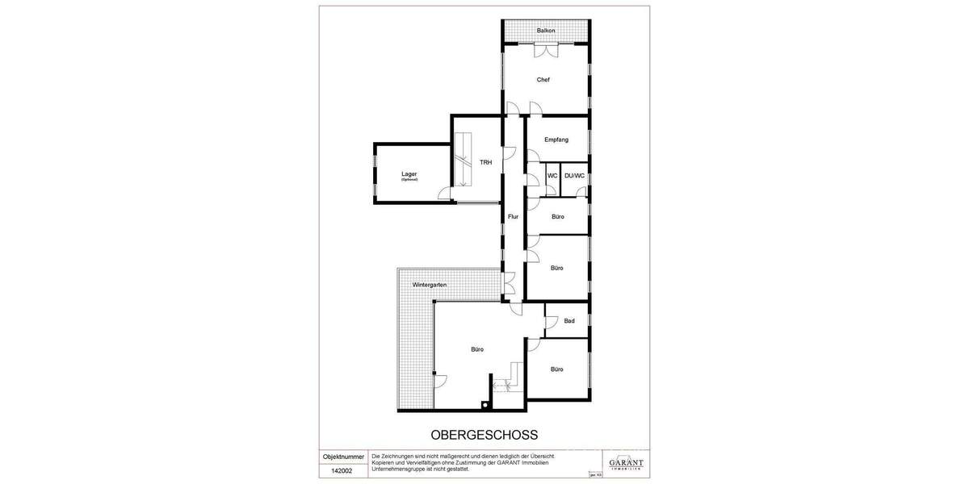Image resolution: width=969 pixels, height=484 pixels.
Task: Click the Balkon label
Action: pyautogui.click(x=546, y=31)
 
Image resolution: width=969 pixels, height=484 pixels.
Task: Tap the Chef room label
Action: pyautogui.click(x=543, y=80)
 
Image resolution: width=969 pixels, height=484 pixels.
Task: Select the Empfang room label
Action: pyautogui.click(x=556, y=140)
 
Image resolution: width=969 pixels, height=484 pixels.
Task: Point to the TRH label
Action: pyautogui.click(x=485, y=163)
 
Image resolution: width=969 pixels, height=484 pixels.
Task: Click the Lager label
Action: pyautogui.click(x=409, y=174)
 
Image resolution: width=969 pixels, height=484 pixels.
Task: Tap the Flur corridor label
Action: pyautogui.click(x=513, y=216)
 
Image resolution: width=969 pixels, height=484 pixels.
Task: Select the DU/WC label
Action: pyautogui.click(x=574, y=175)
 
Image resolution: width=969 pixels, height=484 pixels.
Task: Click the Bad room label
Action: pyautogui.click(x=569, y=321)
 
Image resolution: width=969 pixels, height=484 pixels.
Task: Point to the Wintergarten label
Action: pyautogui.click(x=430, y=286)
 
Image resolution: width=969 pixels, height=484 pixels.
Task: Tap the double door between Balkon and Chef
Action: pyautogui.click(x=545, y=50)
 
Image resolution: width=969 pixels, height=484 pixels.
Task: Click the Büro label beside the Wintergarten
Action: pyautogui.click(x=477, y=349)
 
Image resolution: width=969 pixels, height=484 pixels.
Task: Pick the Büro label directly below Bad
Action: pyautogui.click(x=557, y=369)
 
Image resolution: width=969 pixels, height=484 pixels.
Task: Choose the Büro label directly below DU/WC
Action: pyautogui.click(x=557, y=217)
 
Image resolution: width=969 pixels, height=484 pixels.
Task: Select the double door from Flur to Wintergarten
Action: pyautogui.click(x=509, y=283)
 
